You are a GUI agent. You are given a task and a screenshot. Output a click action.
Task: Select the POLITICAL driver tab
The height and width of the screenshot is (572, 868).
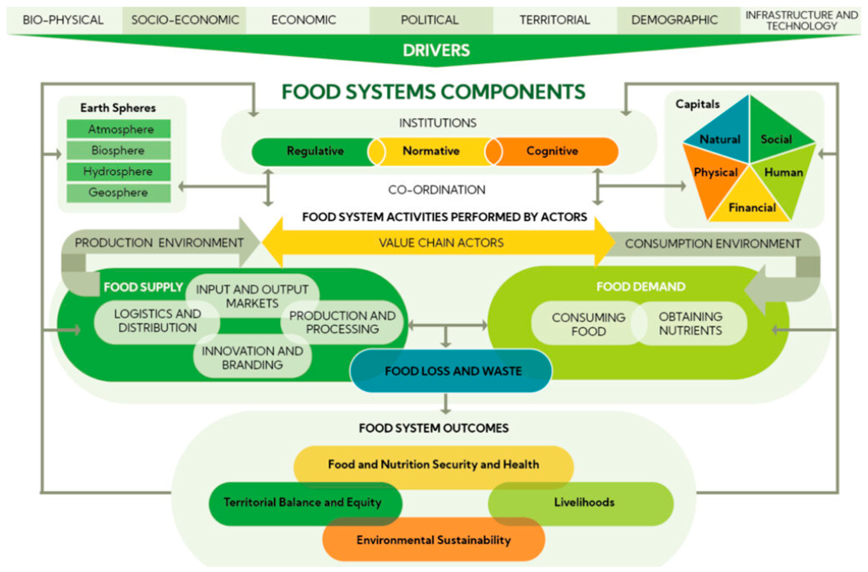430,20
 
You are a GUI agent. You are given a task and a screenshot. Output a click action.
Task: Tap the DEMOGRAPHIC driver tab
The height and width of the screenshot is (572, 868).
674,20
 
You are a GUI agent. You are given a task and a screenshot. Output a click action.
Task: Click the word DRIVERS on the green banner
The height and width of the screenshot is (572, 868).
436,50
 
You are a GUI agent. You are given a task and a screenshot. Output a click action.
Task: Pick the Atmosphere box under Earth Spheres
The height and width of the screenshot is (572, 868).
119,129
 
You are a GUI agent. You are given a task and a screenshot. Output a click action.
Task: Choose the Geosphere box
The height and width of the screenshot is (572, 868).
119,193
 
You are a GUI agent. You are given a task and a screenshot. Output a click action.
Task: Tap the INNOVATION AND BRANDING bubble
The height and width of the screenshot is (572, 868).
252,358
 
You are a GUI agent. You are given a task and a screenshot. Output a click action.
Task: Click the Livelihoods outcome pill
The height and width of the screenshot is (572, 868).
584,502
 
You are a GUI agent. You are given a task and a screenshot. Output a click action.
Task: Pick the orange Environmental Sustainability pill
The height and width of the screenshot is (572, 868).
433,540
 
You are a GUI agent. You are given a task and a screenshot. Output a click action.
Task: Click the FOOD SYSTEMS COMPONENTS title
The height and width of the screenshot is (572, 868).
433,92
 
